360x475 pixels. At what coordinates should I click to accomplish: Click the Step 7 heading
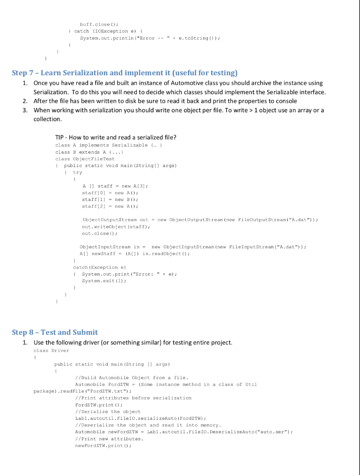pos(124,73)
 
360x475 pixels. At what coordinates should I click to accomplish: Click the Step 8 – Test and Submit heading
pos(55,332)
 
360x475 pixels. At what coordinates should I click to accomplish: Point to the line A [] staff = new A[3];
pos(115,186)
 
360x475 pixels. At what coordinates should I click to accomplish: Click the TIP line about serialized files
pos(116,137)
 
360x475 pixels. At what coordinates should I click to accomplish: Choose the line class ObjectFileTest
pos(85,159)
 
